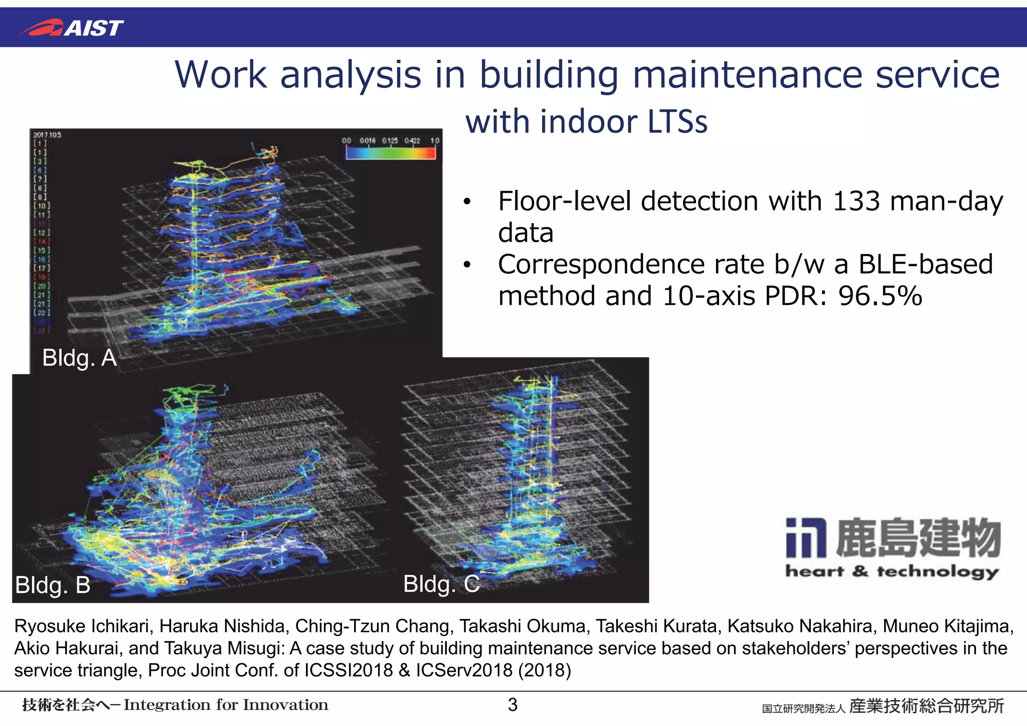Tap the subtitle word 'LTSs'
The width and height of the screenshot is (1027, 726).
click(677, 122)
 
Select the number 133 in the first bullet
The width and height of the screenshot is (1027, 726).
click(856, 202)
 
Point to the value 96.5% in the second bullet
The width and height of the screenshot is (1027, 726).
click(880, 296)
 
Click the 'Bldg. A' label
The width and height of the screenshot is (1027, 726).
click(79, 358)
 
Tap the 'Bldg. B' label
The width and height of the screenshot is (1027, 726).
click(53, 585)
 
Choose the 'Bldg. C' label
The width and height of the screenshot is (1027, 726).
click(441, 584)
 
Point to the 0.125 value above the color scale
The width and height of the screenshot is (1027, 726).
click(390, 141)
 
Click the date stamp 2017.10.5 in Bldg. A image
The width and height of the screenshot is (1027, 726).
click(47, 135)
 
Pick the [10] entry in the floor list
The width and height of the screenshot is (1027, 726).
click(42, 206)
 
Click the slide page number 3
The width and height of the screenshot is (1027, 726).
click(512, 704)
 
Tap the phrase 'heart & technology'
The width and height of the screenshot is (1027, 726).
click(892, 571)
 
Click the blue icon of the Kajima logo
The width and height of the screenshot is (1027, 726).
click(805, 537)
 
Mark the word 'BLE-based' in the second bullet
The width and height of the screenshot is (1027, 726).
click(925, 264)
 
